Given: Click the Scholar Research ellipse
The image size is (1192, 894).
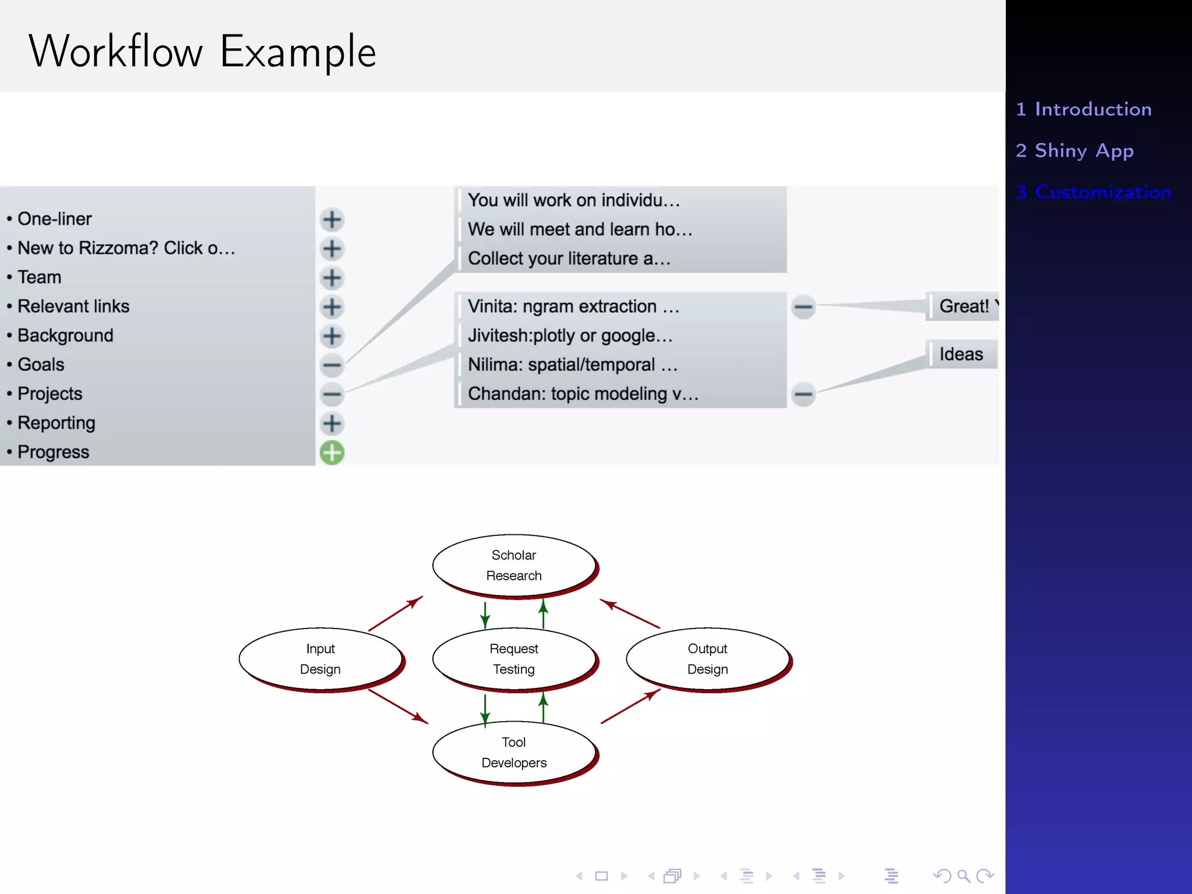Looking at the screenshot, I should (x=514, y=565).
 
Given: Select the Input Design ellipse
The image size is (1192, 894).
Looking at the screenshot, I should (x=320, y=659).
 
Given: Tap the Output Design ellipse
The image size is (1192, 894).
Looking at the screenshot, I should (x=707, y=659).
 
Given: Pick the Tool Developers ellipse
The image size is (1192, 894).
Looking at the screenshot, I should (x=514, y=752).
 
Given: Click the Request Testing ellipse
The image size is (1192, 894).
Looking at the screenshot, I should (x=514, y=659).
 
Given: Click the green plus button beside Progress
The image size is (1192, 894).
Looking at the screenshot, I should (x=332, y=453).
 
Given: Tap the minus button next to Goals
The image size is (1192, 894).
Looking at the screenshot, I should (x=332, y=365).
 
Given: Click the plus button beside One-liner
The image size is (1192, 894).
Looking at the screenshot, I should (x=332, y=219).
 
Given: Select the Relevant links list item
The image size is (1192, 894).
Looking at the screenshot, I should (x=73, y=306).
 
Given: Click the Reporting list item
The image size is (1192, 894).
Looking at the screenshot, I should (x=56, y=423).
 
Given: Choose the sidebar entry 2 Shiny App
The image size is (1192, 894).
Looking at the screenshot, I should (x=1074, y=151).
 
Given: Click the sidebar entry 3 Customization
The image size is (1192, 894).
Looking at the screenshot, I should (x=1093, y=192).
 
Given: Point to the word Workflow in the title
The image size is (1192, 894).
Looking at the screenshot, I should (x=116, y=52).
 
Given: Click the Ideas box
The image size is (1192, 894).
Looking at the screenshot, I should (x=961, y=354).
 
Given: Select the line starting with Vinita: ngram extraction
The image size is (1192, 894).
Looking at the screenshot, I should (x=573, y=306).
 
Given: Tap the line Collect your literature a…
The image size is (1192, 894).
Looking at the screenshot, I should (x=569, y=258).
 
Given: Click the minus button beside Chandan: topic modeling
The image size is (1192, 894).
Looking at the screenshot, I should (x=803, y=394).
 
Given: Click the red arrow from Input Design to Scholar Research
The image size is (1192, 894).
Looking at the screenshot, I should (x=396, y=613).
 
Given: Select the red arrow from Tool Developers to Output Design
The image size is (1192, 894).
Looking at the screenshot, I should (x=631, y=706).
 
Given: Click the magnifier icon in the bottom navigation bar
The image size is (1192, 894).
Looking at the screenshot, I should (x=964, y=875).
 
